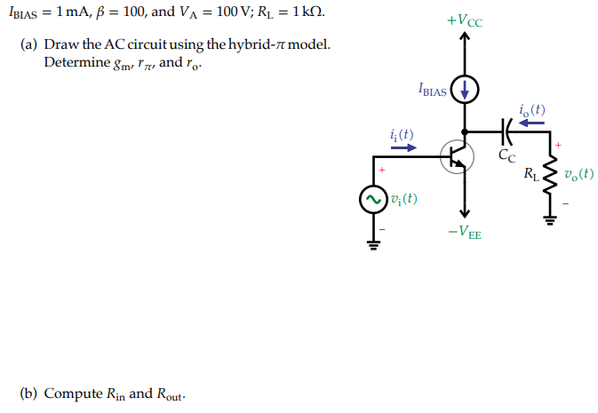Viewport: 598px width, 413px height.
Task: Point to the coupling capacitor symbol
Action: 506,131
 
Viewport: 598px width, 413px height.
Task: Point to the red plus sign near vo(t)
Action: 559,144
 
